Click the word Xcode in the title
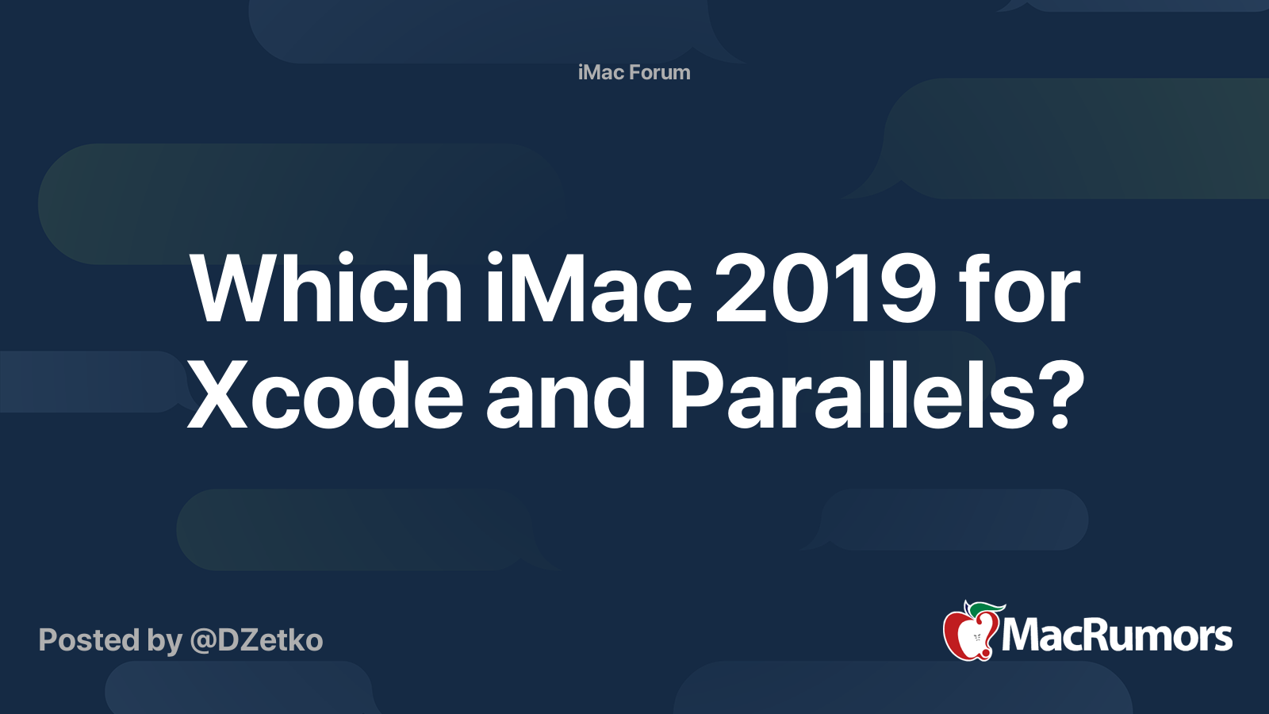325,395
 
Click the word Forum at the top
661,72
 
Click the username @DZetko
256,640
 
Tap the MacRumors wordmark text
1117,636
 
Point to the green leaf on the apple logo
987,608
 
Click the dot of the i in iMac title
495,260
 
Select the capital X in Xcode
218,395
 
